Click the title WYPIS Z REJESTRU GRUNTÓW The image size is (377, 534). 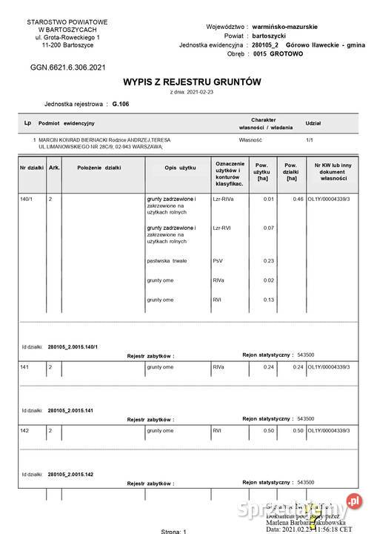click(192, 82)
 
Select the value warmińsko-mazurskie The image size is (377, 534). click(288, 26)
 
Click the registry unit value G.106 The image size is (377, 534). click(120, 105)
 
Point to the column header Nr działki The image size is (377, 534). click(32, 168)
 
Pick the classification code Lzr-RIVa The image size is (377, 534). click(224, 200)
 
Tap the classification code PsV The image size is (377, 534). click(218, 260)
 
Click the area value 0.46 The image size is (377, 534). click(298, 200)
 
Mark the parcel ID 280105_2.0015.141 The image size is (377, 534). click(73, 410)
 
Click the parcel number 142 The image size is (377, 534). click(24, 430)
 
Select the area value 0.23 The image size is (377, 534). click(268, 260)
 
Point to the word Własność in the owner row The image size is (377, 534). click(252, 139)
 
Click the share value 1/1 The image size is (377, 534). click(309, 139)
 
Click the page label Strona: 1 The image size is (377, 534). click(175, 530)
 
